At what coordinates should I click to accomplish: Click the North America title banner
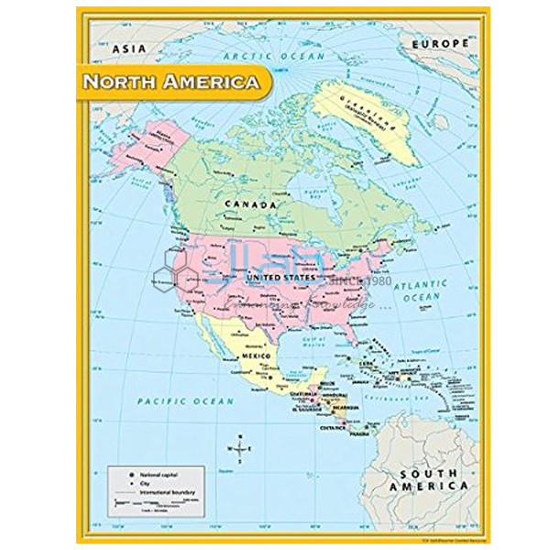coord(171,82)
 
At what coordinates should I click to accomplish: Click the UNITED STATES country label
coord(280,276)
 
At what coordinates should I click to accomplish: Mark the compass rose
coord(238,448)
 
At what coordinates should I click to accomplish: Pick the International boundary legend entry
coord(161,493)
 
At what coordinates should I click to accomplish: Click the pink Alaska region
coord(151,151)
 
